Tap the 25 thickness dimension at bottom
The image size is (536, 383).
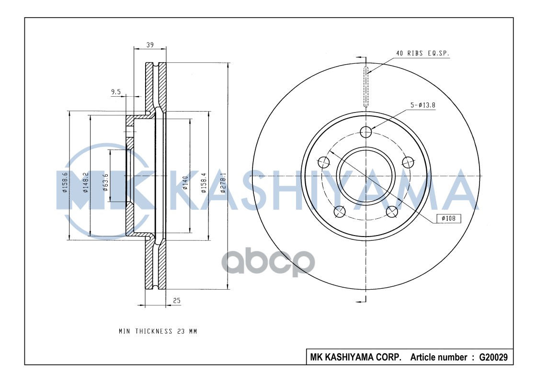pos(176,300)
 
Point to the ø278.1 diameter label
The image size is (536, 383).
pos(223,183)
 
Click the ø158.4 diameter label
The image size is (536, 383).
pos(204,183)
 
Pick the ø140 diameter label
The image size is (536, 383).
pos(184,183)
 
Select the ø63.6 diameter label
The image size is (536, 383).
pos(105,183)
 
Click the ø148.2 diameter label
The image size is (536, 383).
pos(85,183)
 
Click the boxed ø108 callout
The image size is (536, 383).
pos(448,218)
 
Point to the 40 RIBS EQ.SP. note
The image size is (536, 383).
pos(422,54)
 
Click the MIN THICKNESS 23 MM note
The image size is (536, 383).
pos(158,331)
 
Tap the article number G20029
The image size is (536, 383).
pos(493,357)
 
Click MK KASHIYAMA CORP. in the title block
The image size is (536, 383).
pos(356,357)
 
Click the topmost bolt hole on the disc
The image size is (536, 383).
pos(366,132)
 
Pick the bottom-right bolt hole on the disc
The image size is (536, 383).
pos(392,211)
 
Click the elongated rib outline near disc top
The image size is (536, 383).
pos(366,88)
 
